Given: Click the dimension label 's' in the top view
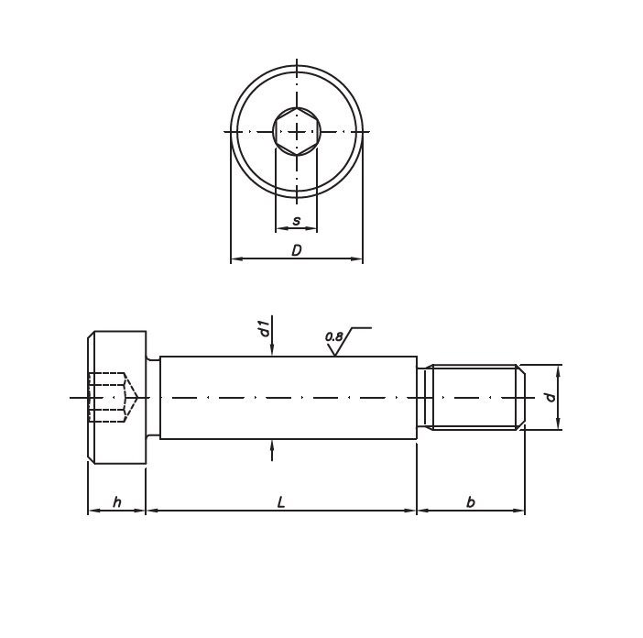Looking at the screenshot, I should coord(296,221).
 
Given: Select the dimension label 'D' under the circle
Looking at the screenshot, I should coord(296,250).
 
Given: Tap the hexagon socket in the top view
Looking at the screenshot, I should coord(296,131).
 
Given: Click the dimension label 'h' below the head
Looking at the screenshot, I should coord(116,501).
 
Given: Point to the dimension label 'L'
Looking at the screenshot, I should coord(281,501).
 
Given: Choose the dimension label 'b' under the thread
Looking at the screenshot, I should coord(470,501).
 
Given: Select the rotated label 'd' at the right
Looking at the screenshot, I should coord(550,397).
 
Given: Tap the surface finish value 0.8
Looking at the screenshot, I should coord(333,337).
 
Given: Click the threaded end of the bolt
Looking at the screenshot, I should coord(474,397).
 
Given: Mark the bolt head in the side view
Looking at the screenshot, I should coord(117,397).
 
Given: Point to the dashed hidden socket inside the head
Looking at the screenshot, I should coord(111,397).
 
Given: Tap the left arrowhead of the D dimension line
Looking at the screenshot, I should coord(234,259).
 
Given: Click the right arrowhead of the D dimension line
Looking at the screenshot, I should coord(358,259).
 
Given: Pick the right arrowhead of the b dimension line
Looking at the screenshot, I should coord(520,511).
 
